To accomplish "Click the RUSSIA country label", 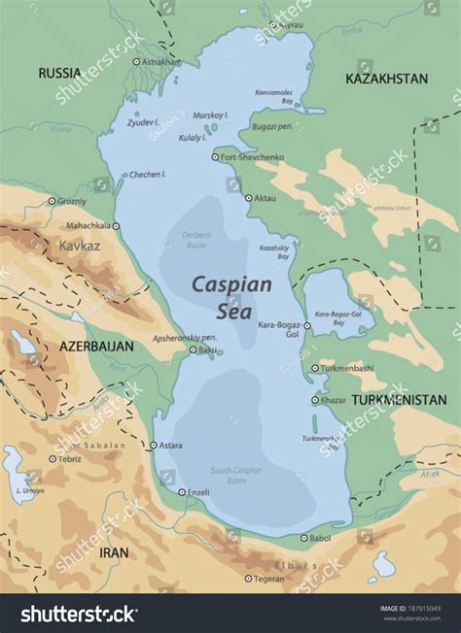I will pos(59,73).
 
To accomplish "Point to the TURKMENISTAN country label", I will pos(399,399).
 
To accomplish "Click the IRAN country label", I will pos(114,551).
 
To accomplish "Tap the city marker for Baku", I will pos(193,350).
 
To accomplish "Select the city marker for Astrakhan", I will pos(137,61).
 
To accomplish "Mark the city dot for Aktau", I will pos(247,198).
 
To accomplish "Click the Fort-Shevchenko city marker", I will pos(215,156).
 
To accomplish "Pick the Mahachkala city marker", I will pos(116,225).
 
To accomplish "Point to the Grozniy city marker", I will pos(52,201).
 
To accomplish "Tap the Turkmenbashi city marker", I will pos(314,369).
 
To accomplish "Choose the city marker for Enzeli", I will pos(182,492).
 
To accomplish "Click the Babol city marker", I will pos(303,537).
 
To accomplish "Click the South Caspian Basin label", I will pos(237,476).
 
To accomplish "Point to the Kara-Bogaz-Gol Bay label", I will pos(338,318).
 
